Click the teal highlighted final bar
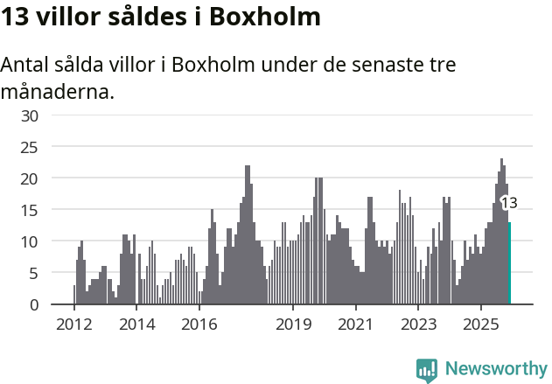(x=509, y=263)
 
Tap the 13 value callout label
(x=509, y=203)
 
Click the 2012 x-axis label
(x=73, y=324)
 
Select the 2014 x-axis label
(x=136, y=324)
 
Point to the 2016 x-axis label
(x=199, y=324)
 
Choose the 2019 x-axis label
(x=293, y=324)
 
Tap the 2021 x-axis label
(x=356, y=324)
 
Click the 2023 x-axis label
(x=418, y=324)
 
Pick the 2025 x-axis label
(x=481, y=324)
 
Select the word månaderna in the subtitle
(x=58, y=91)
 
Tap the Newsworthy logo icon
(x=427, y=370)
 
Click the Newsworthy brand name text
(x=496, y=369)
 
